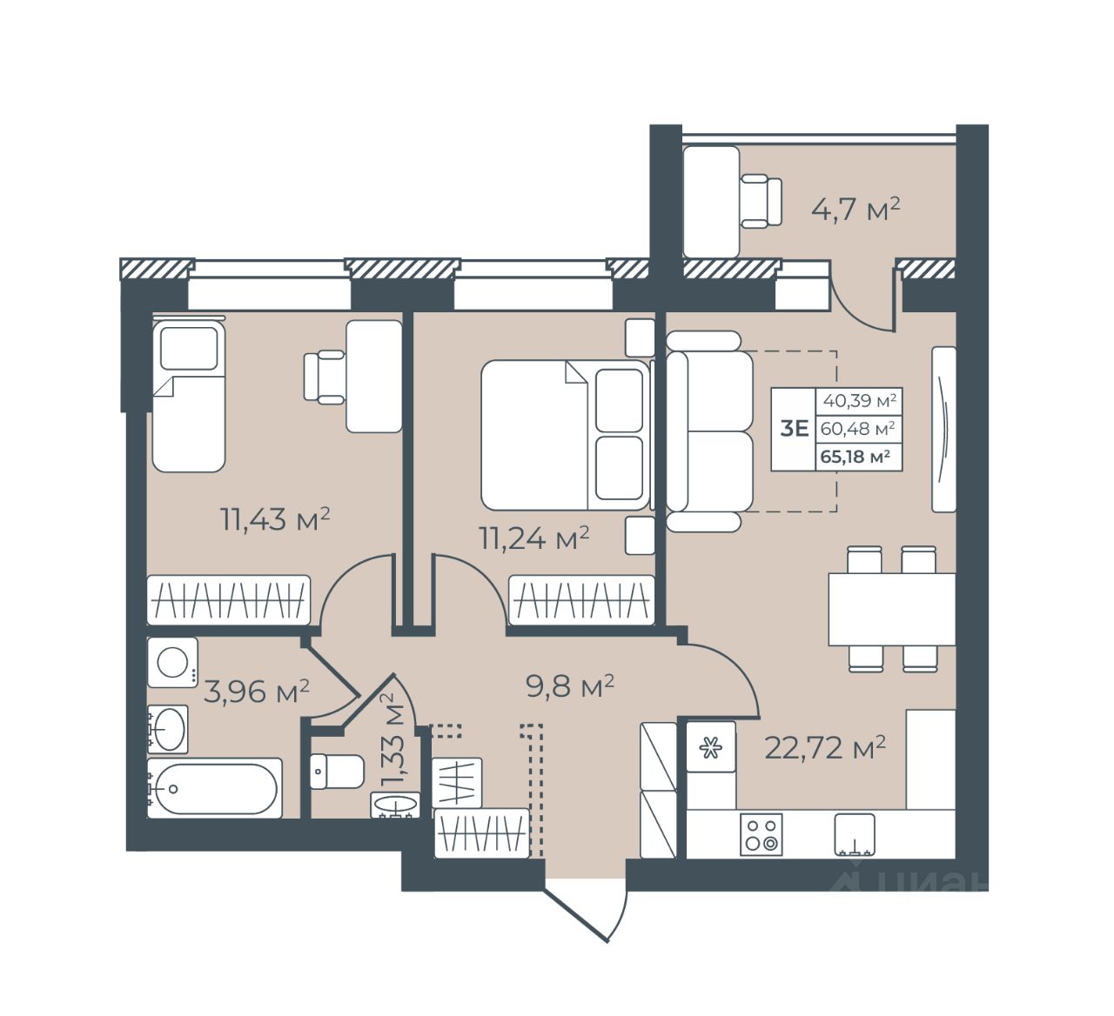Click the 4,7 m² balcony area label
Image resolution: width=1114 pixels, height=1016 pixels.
click(856, 210)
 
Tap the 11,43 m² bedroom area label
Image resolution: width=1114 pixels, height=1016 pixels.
click(275, 519)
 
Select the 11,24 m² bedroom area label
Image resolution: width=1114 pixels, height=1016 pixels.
click(534, 538)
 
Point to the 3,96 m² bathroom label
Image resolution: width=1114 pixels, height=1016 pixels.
click(257, 692)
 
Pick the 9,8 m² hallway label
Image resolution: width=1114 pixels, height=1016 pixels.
click(569, 686)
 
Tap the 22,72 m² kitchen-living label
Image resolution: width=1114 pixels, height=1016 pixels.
click(825, 747)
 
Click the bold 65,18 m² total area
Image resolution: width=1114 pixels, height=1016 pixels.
click(856, 457)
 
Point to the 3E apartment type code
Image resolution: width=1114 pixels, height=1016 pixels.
click(794, 429)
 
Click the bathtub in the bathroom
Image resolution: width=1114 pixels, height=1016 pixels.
click(214, 788)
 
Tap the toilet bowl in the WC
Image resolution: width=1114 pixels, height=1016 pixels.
click(337, 772)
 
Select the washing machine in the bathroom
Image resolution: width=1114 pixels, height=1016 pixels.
click(172, 662)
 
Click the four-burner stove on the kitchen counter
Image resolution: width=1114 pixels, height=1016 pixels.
click(761, 834)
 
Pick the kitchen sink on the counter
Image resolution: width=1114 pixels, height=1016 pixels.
click(855, 834)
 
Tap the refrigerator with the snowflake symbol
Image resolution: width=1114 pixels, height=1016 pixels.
click(711, 746)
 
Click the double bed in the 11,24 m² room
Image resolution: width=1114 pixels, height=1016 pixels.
click(566, 435)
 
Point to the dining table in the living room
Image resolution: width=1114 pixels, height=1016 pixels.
click(891, 609)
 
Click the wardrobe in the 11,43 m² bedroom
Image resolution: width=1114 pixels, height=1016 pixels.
click(228, 599)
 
